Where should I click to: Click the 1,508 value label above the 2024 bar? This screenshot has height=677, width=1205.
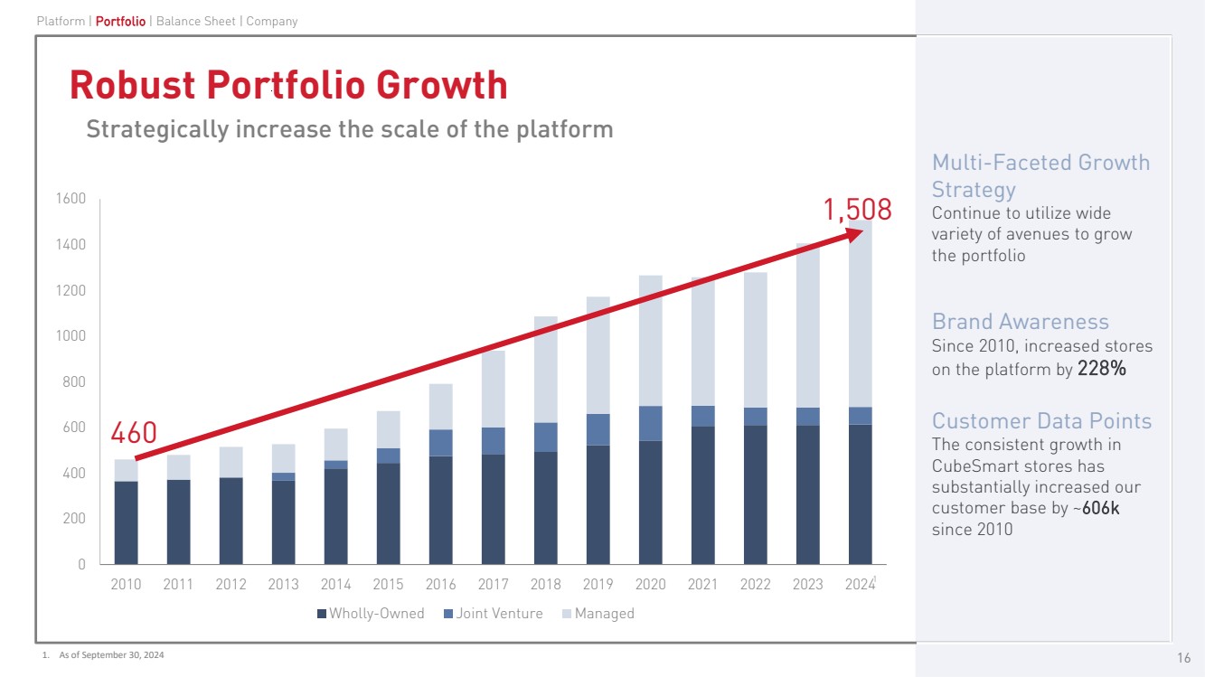[x=856, y=210]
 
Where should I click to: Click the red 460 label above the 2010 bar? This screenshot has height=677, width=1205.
[x=133, y=434]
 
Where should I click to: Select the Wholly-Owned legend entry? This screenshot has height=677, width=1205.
[x=370, y=614]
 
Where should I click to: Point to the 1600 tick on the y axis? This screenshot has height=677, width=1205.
[x=70, y=199]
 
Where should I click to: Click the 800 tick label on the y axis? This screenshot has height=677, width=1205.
[x=73, y=381]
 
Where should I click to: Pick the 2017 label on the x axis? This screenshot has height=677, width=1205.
[x=493, y=584]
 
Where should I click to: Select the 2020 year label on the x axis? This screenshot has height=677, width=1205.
[x=650, y=584]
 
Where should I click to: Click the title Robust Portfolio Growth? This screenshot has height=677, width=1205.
[x=288, y=85]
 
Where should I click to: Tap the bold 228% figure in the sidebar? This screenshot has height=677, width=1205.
[x=1101, y=370]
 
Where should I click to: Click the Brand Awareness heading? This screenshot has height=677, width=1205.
[x=1020, y=322]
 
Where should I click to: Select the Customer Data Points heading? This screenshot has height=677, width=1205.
[x=1041, y=421]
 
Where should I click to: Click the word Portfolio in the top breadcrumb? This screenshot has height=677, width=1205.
[x=120, y=21]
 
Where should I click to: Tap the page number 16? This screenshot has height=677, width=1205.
[x=1183, y=657]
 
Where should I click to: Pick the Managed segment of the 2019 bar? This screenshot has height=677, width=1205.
[x=598, y=355]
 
